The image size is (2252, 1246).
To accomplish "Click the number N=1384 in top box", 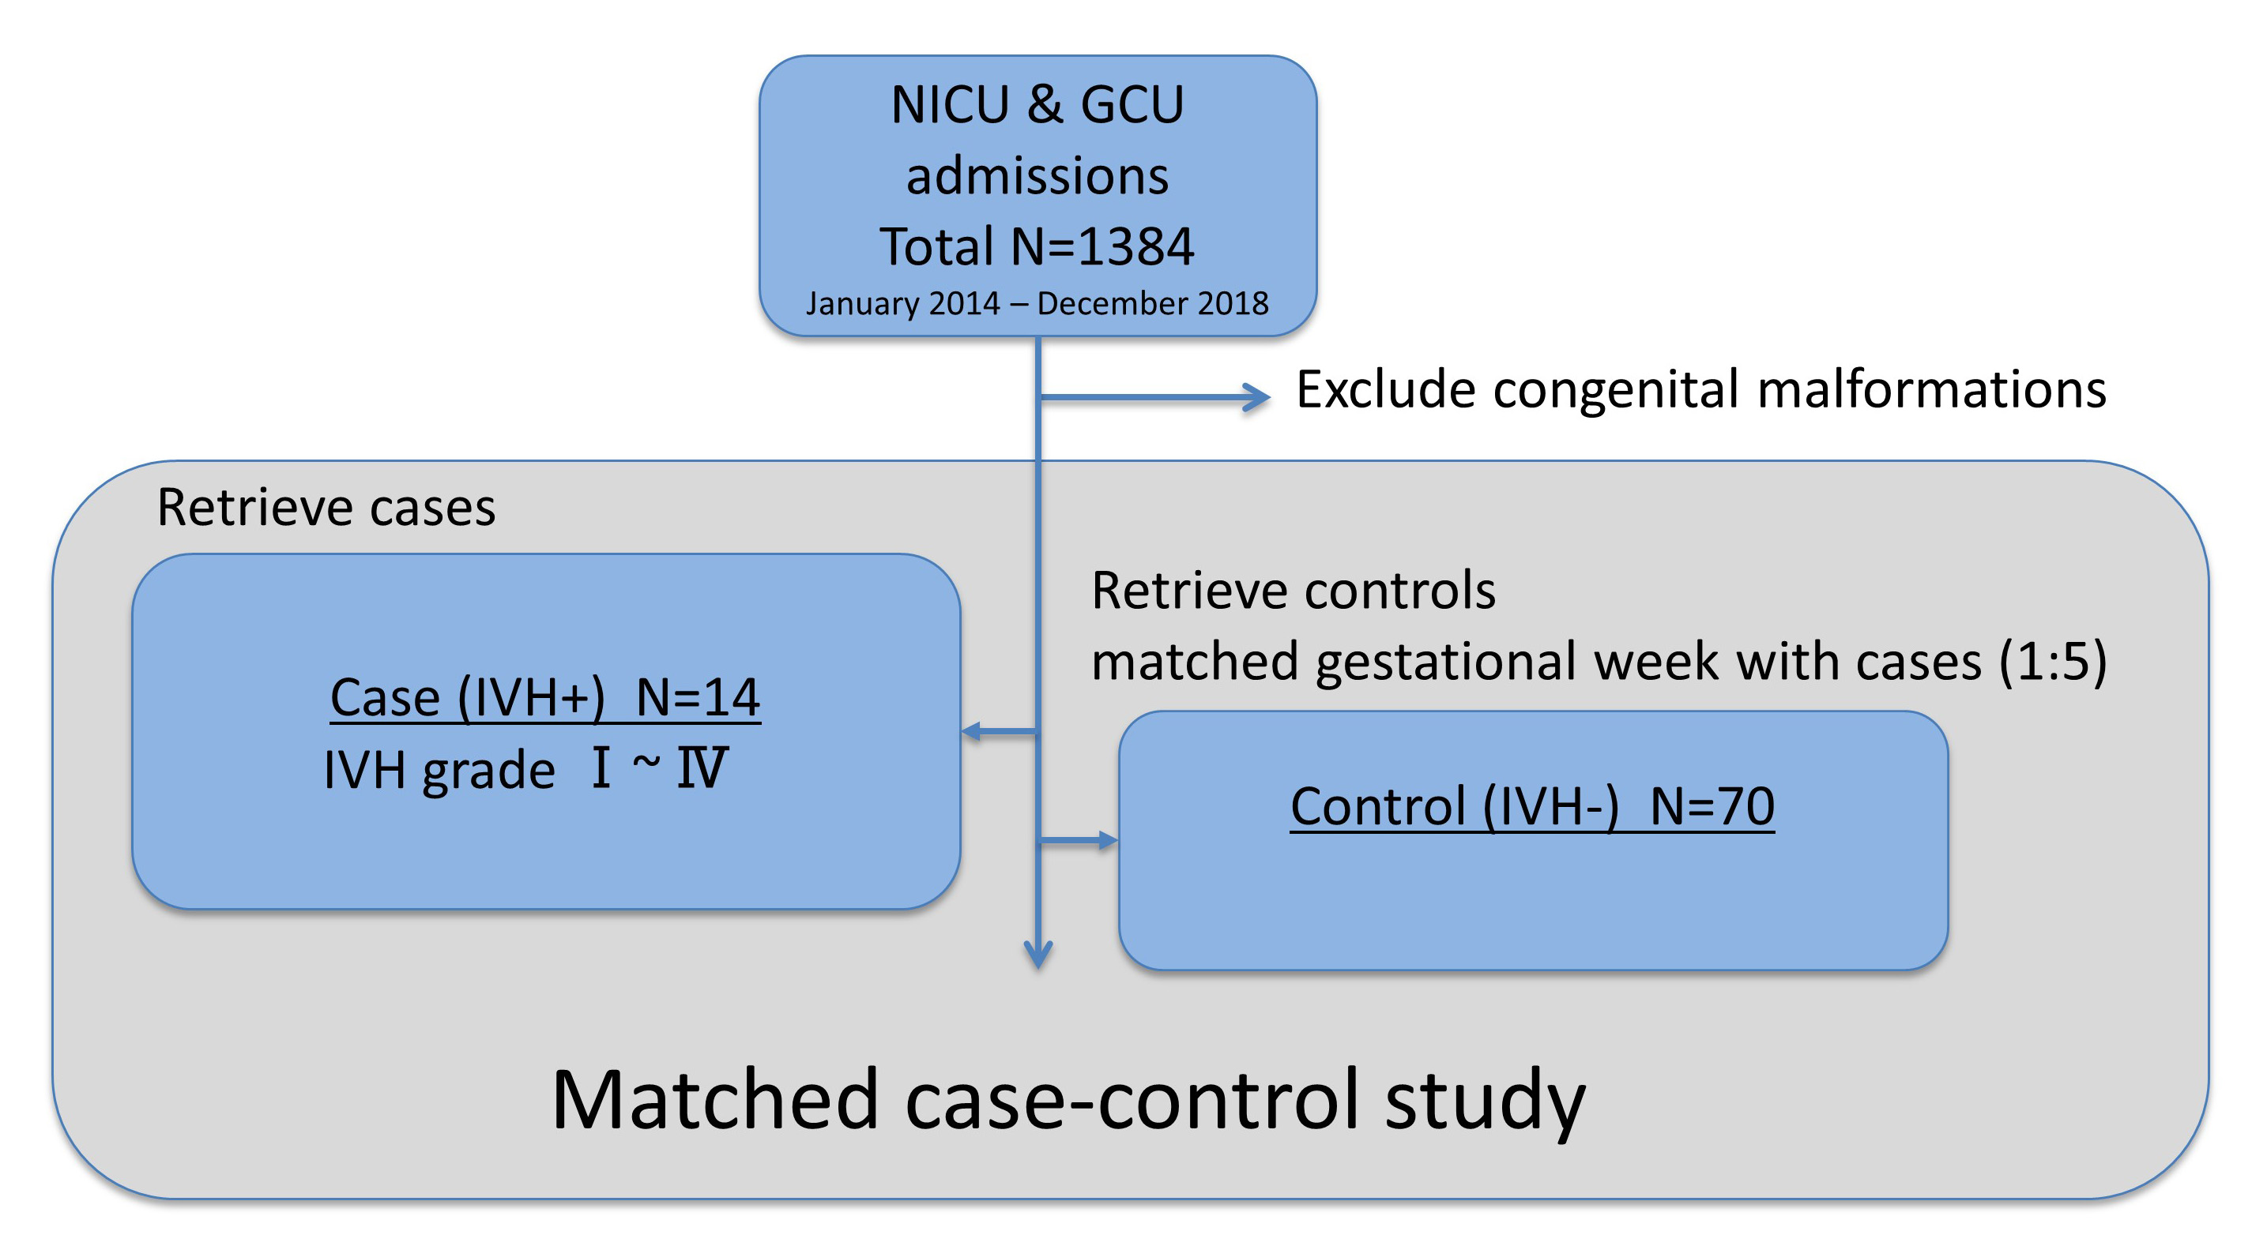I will click(x=1102, y=246).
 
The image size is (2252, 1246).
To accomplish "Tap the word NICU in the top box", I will click(x=951, y=105).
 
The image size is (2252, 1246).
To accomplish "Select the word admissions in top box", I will click(x=1037, y=175).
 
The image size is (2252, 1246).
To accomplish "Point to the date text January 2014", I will click(x=902, y=303).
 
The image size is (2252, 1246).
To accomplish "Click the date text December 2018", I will click(x=1152, y=303).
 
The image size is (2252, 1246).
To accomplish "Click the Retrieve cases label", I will click(x=326, y=507).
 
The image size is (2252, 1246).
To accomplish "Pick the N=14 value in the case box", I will click(x=698, y=697).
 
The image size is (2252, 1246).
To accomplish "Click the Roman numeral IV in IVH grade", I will click(x=701, y=768).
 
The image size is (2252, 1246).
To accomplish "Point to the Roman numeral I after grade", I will click(x=601, y=768).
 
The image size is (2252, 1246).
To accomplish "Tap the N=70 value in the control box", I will click(x=1712, y=805).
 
